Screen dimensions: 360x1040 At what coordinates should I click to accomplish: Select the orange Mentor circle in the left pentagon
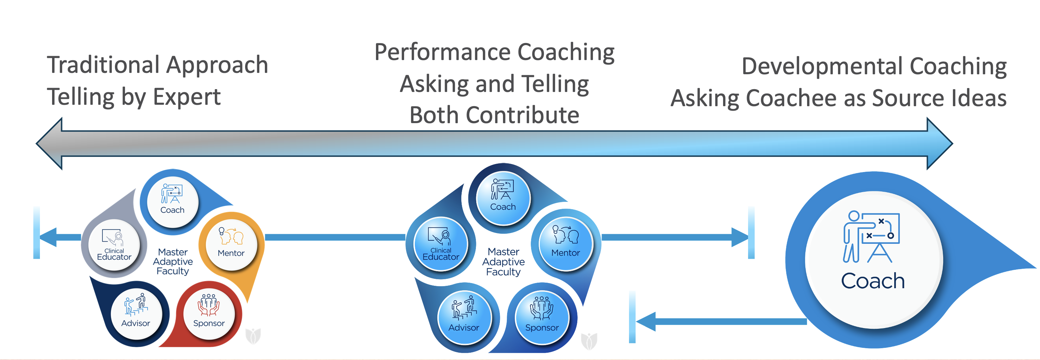click(x=231, y=242)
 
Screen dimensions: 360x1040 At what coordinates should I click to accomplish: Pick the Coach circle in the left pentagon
click(x=173, y=200)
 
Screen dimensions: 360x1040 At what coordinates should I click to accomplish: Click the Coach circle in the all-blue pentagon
click(x=503, y=197)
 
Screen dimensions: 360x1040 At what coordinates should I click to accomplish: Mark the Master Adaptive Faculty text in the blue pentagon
click(x=503, y=262)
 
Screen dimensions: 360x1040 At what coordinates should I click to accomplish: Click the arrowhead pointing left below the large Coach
click(x=646, y=322)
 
